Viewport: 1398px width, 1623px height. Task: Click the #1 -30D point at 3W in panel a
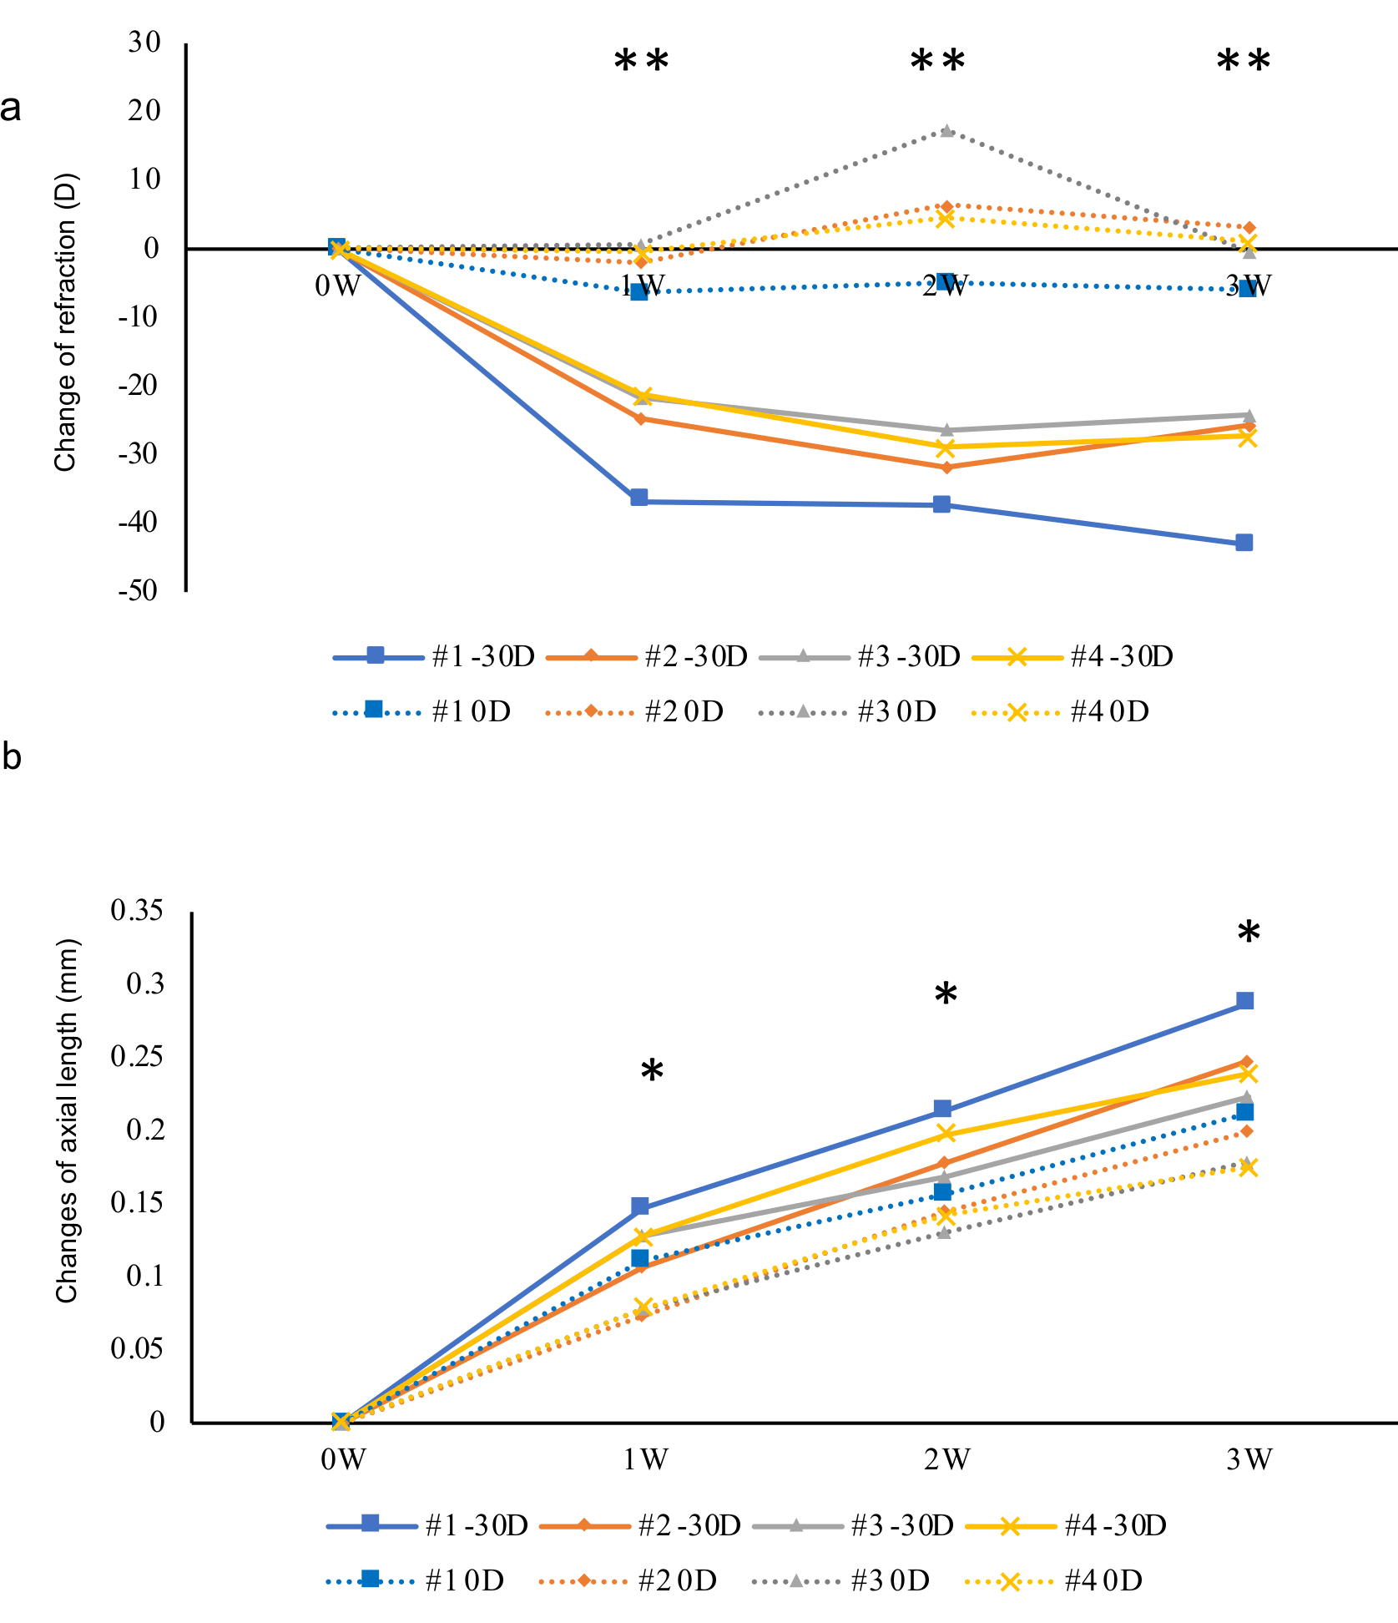tap(1244, 543)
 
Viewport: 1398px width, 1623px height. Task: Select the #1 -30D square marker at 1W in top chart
tap(639, 498)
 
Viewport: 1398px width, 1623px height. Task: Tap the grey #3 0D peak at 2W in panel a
tap(946, 131)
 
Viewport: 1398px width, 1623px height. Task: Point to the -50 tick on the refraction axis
tap(138, 591)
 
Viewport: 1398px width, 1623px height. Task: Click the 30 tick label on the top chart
tap(144, 43)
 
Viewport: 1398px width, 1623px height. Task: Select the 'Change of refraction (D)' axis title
tap(65, 322)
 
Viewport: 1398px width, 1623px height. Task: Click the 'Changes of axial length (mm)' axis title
tap(67, 1121)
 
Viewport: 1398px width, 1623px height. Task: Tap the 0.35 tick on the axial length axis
tap(137, 910)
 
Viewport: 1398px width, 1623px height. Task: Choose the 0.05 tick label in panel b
tap(137, 1348)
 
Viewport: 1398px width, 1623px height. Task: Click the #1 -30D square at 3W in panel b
tap(1244, 1001)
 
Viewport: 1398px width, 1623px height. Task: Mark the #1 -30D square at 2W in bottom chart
tap(942, 1109)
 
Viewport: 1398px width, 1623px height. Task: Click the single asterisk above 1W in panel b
tap(652, 1071)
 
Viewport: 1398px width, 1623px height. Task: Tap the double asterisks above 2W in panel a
tap(937, 62)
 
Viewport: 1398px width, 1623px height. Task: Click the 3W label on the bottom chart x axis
tap(1249, 1459)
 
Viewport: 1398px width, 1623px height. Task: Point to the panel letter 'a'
tap(11, 109)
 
